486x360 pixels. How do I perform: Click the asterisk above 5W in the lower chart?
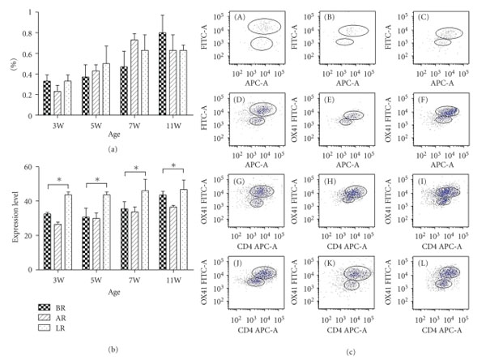[98, 180]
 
